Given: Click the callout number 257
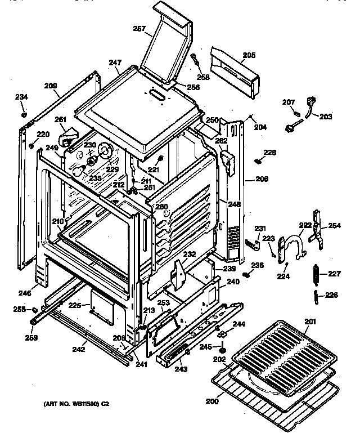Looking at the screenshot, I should pyautogui.click(x=139, y=28).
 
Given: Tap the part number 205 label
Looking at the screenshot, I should pyautogui.click(x=249, y=55).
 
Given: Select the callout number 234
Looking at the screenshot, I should pyautogui.click(x=21, y=97).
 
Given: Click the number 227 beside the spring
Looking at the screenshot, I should pyautogui.click(x=335, y=274).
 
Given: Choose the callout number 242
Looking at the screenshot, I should pyautogui.click(x=78, y=350).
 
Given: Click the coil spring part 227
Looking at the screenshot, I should pyautogui.click(x=316, y=274).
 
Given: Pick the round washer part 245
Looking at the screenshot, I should pyautogui.click(x=223, y=352).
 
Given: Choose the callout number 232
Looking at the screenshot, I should pyautogui.click(x=189, y=255).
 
